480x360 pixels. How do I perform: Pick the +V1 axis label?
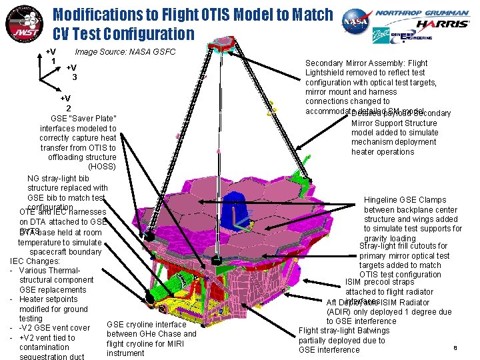point(51,57)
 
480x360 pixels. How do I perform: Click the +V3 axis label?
point(71,72)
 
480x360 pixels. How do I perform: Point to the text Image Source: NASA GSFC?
point(125,52)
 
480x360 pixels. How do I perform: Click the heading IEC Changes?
point(36,261)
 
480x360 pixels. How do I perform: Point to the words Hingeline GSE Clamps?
point(405,200)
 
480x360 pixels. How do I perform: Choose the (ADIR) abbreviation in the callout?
point(341,312)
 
